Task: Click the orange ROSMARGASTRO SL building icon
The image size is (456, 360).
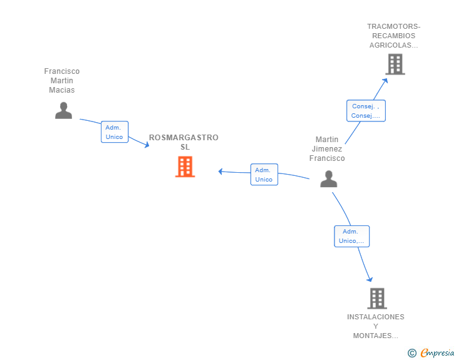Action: pos(185,167)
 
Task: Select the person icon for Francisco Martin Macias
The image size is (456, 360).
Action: pos(63,110)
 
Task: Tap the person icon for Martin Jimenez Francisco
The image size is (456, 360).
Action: pos(329,179)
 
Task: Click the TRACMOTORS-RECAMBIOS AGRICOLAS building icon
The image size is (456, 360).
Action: pos(395,64)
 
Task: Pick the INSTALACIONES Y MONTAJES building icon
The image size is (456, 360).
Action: pos(376,299)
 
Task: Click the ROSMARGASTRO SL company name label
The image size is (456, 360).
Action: pos(184,142)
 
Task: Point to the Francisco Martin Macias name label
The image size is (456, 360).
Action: pos(62,81)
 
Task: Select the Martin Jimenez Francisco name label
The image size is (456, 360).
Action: pos(327,149)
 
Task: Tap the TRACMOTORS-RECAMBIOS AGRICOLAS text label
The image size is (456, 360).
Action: pos(394,36)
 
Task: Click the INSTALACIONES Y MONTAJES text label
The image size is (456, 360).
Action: pos(376,326)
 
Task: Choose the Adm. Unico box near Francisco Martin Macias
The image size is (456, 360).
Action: pos(115,132)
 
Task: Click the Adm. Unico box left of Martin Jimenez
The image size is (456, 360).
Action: pos(264,175)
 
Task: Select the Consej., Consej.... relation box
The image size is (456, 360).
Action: pos(366,111)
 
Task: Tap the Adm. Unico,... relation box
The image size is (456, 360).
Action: pos(351,236)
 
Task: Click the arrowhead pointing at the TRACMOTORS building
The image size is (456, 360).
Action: pos(386,79)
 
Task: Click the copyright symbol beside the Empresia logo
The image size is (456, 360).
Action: pos(412,353)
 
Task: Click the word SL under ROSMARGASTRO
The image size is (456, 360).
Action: pos(184,147)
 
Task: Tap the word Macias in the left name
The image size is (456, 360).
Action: pos(62,90)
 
